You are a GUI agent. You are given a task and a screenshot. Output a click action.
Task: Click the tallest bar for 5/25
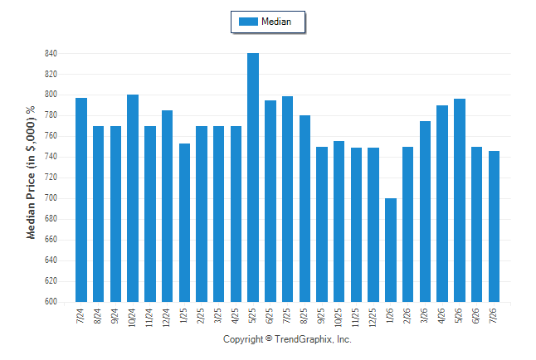tap(253, 178)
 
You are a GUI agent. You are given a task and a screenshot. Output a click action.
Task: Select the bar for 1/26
tap(391, 250)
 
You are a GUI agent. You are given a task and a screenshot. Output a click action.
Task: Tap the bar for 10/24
tap(133, 198)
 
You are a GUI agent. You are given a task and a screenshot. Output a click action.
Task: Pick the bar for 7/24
tap(81, 200)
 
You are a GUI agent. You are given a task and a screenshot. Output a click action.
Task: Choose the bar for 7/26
tap(494, 226)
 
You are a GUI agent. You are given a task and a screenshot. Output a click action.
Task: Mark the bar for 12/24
tap(167, 207)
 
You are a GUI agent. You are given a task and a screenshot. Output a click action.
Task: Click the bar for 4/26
tap(442, 204)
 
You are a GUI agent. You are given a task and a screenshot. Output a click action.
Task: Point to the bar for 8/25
tap(305, 208)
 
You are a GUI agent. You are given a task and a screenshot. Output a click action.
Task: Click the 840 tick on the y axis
tap(51, 53)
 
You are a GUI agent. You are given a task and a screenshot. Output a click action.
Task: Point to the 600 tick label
tap(51, 302)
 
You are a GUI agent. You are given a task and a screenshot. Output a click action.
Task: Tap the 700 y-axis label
tap(51, 198)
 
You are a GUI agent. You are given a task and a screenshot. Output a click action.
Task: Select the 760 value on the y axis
tap(51, 136)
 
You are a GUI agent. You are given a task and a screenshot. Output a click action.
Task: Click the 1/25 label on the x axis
tap(183, 315)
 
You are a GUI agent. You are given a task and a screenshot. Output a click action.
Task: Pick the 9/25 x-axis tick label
tap(321, 315)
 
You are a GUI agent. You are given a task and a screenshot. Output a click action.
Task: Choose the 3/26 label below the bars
tap(424, 315)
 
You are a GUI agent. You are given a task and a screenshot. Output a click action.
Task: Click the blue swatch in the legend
tap(248, 22)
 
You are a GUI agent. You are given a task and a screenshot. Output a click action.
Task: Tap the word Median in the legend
tap(276, 22)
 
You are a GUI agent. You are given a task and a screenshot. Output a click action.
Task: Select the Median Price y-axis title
tap(31, 173)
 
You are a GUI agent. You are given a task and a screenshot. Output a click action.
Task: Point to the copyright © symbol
tap(269, 338)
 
